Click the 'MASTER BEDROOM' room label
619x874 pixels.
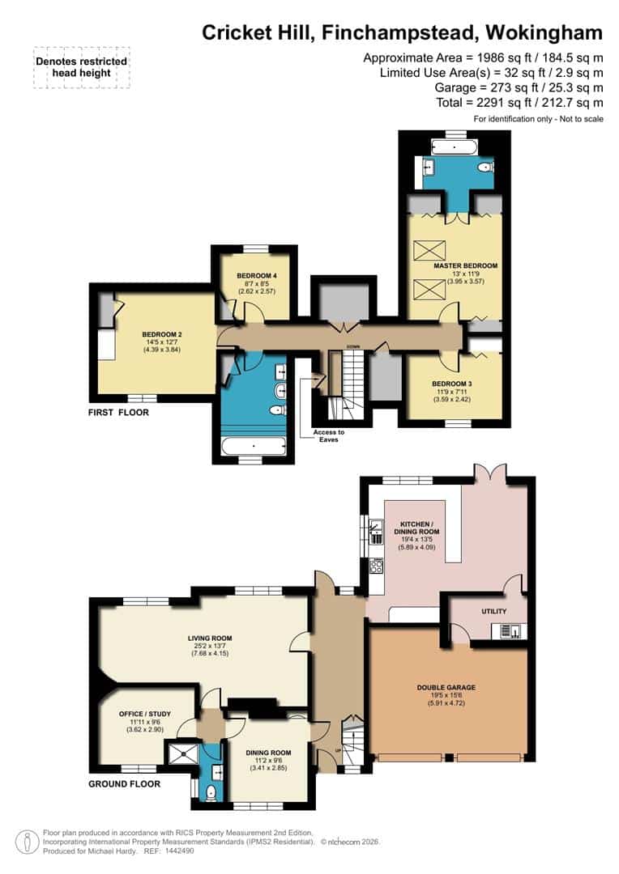coord(465,265)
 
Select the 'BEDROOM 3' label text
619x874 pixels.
coord(451,384)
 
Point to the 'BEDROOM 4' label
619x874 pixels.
coord(257,276)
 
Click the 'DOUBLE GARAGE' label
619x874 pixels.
coord(446,687)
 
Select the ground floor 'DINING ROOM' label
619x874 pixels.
coord(267,752)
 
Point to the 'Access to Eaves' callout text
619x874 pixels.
coord(329,436)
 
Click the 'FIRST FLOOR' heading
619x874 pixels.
coord(118,412)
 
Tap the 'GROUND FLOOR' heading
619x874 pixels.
coord(125,783)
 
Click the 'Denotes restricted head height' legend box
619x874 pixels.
coord(81,66)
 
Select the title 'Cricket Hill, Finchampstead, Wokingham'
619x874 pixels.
coord(402,32)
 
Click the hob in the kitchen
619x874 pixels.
coord(377,566)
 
